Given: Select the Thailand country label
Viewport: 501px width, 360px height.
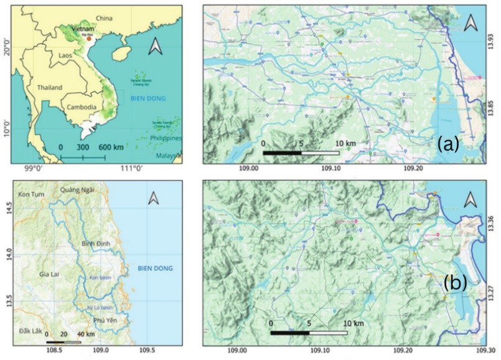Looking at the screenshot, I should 51,88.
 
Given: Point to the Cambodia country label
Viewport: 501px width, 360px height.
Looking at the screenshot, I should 82,107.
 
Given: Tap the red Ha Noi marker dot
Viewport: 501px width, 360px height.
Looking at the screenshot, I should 89,39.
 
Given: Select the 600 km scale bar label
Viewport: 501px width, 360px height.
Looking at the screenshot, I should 111,147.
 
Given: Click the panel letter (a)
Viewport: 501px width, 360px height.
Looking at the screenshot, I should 447,144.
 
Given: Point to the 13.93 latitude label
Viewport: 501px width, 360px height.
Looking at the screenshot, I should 492,41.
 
